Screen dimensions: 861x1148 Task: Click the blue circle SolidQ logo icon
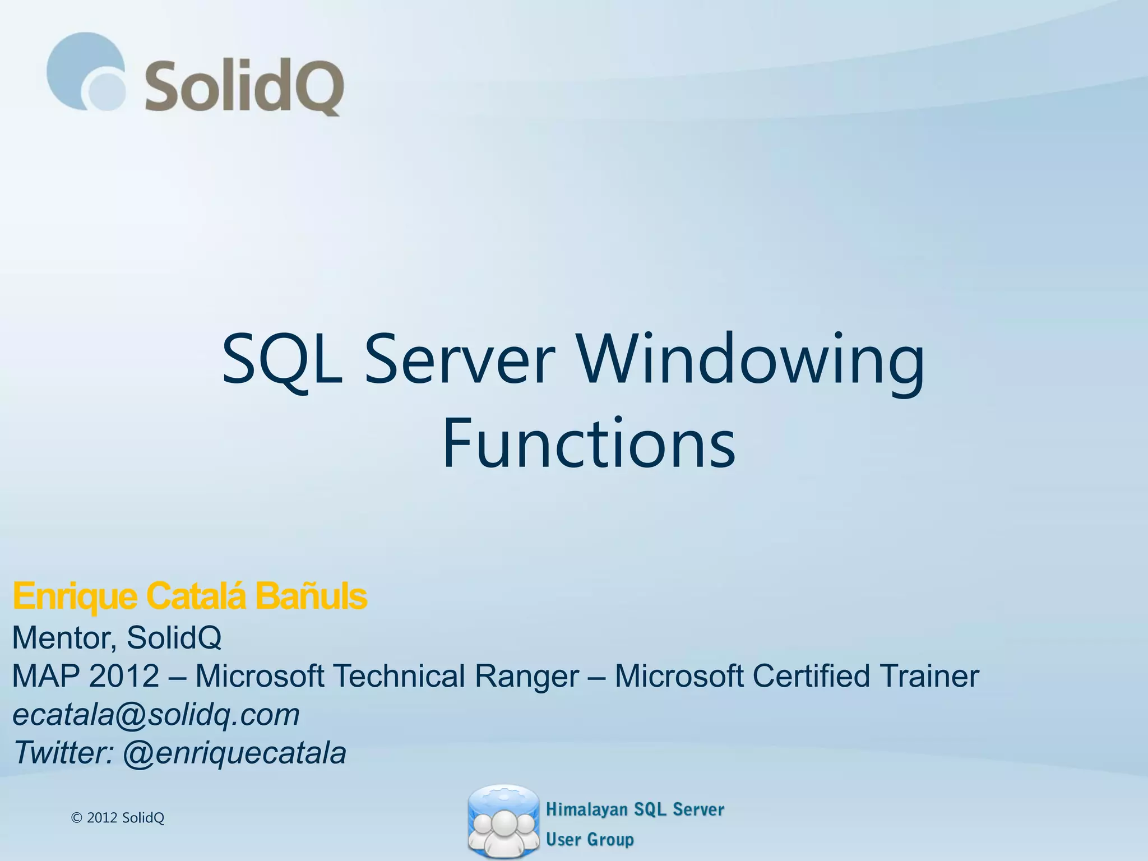tap(86, 72)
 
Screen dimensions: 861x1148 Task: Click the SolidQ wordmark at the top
tap(245, 87)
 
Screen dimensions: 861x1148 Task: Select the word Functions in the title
tap(589, 443)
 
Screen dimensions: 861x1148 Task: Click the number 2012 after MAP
tap(124, 676)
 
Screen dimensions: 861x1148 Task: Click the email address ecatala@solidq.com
tap(156, 715)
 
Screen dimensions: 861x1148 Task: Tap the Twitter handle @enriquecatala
tap(234, 753)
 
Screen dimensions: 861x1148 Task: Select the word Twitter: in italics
tap(63, 753)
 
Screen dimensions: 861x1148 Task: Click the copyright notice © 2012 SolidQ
tap(118, 818)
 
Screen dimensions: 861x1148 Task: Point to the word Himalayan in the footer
tap(586, 809)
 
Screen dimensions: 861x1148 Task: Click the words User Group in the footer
tap(590, 839)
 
